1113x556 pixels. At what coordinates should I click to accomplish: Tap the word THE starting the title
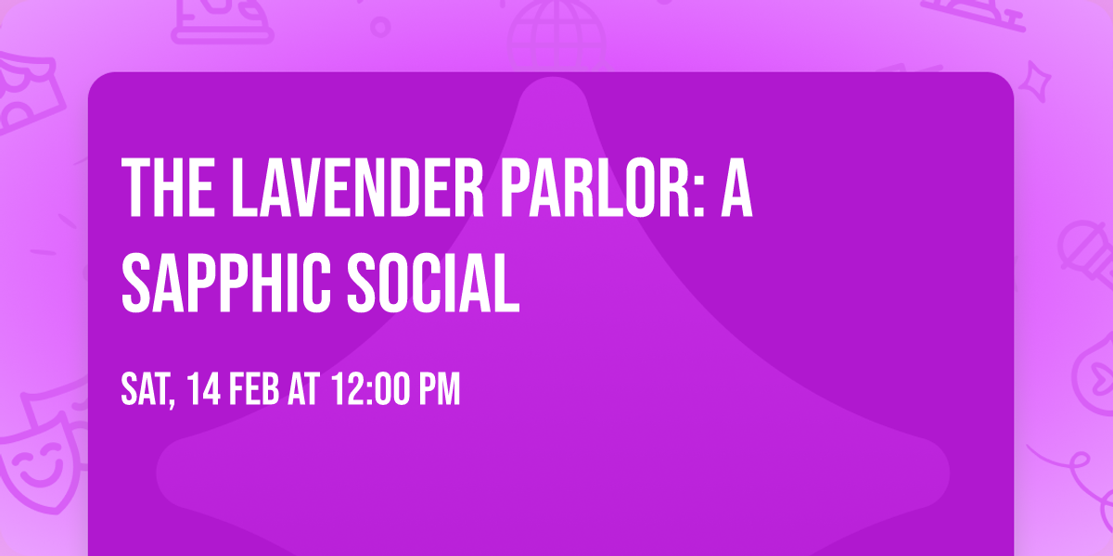[x=164, y=188]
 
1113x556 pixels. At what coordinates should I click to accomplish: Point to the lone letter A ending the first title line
[x=737, y=188]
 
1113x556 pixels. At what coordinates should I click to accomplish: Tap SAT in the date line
[x=147, y=390]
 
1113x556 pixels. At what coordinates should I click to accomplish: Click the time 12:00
[x=368, y=390]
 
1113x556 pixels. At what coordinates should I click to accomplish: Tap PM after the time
[x=440, y=390]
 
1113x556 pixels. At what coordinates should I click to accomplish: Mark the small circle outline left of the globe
[x=380, y=25]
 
